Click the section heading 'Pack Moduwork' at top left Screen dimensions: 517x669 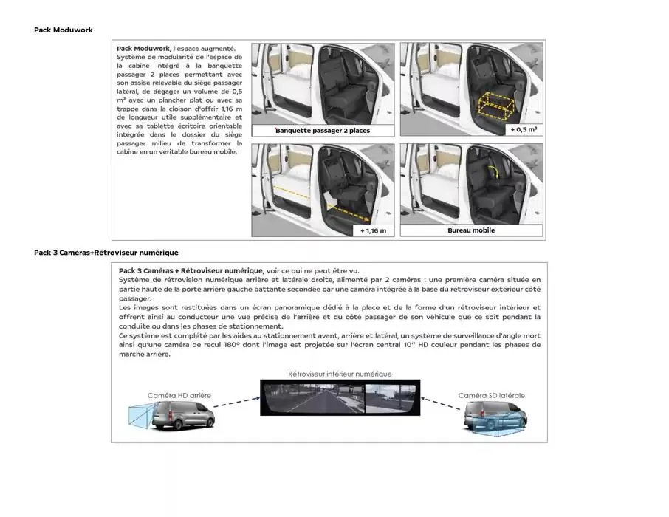[x=63, y=30]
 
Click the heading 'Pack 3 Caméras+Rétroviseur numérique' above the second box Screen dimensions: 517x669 [x=106, y=253]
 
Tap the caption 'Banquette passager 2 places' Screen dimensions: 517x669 [x=323, y=131]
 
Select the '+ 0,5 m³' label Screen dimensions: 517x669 [x=523, y=130]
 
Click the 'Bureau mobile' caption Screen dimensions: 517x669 [x=471, y=230]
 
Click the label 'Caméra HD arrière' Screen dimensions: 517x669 [x=179, y=395]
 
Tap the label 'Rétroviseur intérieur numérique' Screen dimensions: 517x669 [x=340, y=374]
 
